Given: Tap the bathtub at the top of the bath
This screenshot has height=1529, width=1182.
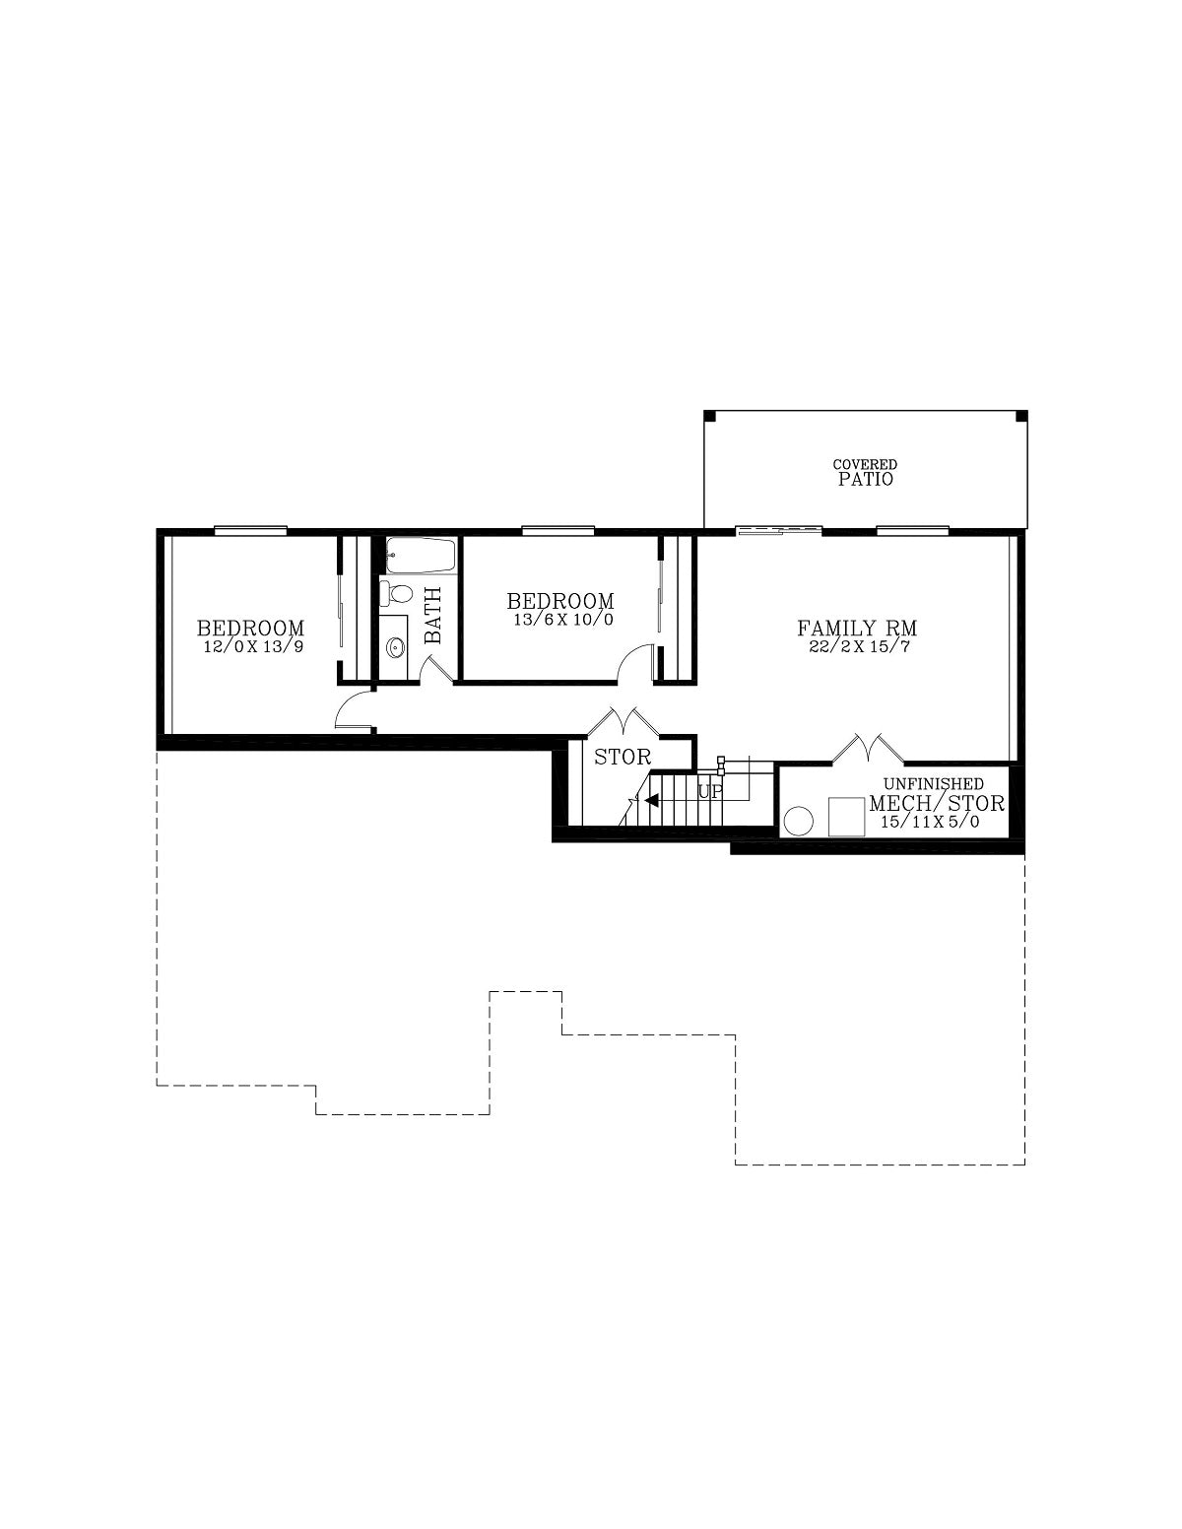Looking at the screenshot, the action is [x=420, y=555].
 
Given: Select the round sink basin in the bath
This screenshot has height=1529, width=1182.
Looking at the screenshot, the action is [x=395, y=646].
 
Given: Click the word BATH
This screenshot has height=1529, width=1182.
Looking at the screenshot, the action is [x=433, y=615].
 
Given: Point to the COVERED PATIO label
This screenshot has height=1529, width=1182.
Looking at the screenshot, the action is [x=864, y=473].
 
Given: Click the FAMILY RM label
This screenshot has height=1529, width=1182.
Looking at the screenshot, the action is [x=856, y=627].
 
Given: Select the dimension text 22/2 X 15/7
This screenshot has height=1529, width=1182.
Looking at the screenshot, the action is [x=859, y=646].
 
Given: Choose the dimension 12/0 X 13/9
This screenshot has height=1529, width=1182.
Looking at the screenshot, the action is [x=253, y=646].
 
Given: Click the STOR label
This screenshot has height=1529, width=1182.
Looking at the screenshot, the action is [x=623, y=758].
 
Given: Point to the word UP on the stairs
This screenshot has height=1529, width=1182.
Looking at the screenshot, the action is [x=709, y=791].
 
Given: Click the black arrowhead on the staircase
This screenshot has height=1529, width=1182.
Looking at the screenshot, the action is [x=651, y=799].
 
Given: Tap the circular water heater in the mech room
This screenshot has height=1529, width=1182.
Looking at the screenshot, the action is [x=798, y=821].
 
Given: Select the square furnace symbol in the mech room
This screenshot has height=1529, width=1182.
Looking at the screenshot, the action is [x=846, y=816].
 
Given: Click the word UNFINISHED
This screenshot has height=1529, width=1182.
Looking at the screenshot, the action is [x=933, y=783].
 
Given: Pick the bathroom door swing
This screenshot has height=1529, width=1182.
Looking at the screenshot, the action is [x=437, y=669].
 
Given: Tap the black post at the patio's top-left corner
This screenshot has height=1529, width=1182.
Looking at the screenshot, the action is [x=709, y=416].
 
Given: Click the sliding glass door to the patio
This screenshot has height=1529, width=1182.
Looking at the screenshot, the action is [x=779, y=530].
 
